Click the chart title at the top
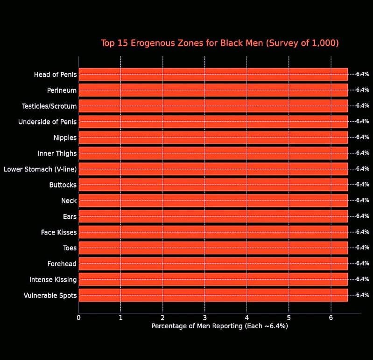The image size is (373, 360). click(219, 43)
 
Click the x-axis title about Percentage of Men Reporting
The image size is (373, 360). click(219, 326)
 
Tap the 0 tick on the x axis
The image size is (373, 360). click(78, 318)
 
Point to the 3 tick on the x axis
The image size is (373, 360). click(204, 318)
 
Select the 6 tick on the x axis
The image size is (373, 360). click(331, 318)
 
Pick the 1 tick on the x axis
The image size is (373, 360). click(120, 318)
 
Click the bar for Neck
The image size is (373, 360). click(213, 201)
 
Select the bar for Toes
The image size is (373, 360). click(213, 248)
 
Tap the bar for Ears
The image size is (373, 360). click(213, 216)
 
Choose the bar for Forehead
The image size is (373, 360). click(213, 263)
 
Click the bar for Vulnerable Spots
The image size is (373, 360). click(213, 295)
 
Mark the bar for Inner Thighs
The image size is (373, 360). click(213, 153)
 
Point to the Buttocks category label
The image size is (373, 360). click(63, 185)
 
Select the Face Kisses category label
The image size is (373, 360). click(59, 232)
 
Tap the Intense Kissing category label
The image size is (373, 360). click(53, 279)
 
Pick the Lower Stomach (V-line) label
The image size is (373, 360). click(40, 169)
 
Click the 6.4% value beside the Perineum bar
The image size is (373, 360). click(363, 90)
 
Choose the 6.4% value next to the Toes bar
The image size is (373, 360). click(363, 248)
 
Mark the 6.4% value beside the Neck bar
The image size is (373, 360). click(363, 201)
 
